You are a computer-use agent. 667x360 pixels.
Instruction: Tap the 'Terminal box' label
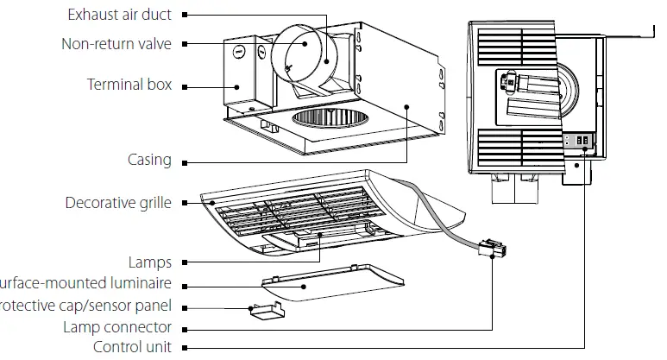(129, 85)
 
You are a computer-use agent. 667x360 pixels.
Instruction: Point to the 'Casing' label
(149, 160)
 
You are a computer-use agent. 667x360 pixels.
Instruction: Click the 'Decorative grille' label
(118, 203)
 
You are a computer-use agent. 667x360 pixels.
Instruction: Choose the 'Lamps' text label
(150, 262)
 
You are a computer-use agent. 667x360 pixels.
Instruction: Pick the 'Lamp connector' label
(117, 327)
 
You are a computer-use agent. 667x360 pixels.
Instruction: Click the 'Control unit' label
(131, 347)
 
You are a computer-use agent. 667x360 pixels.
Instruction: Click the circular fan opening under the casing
(324, 122)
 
